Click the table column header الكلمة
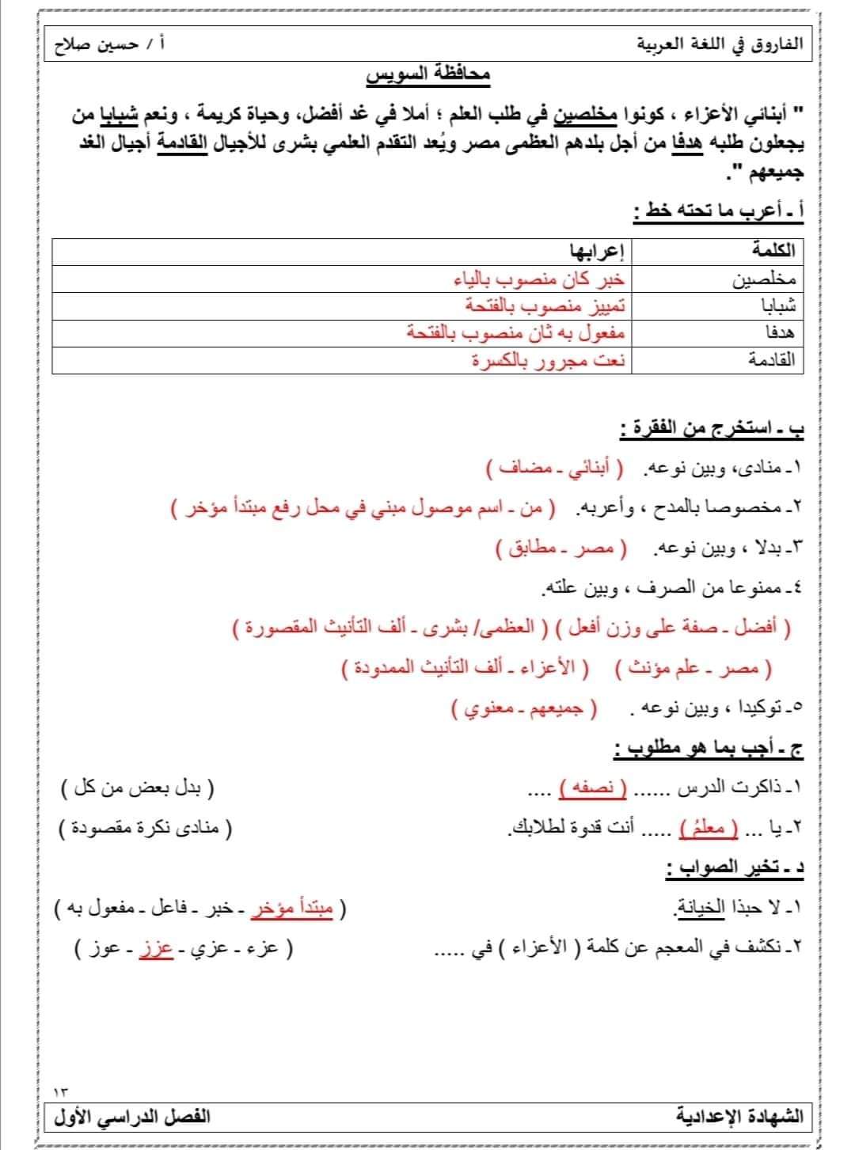pyautogui.click(x=775, y=252)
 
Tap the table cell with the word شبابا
pyautogui.click(x=780, y=306)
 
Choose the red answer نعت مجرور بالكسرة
pyautogui.click(x=549, y=361)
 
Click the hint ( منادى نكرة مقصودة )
pyautogui.click(x=147, y=829)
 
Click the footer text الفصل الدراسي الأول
pyautogui.click(x=132, y=1117)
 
